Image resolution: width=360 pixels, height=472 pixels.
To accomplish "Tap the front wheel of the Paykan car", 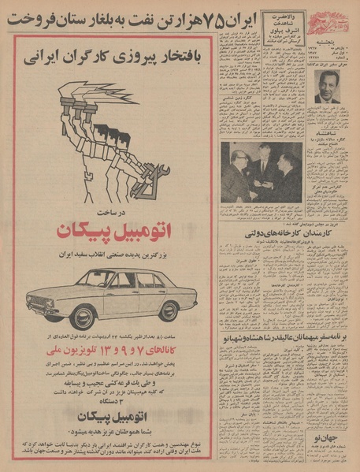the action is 81,316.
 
